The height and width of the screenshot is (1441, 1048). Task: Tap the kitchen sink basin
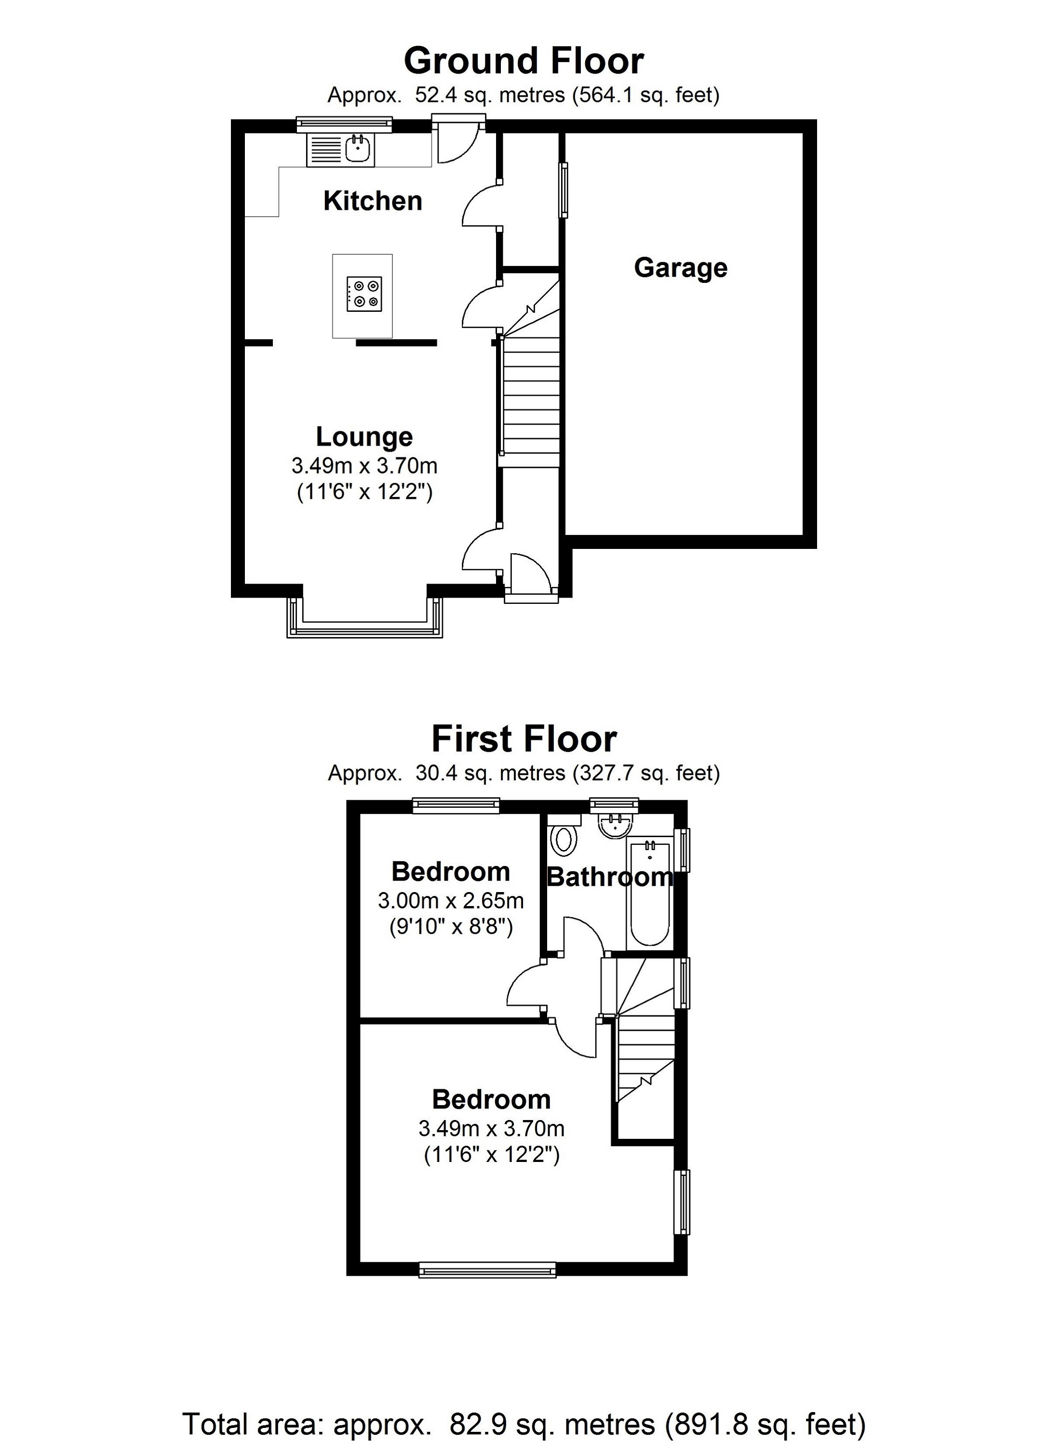click(358, 150)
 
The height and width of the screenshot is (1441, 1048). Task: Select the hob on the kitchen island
click(364, 294)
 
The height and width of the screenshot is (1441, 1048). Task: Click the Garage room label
click(680, 267)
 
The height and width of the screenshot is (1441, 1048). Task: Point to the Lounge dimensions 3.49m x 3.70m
click(364, 467)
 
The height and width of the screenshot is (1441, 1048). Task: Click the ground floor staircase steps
click(531, 400)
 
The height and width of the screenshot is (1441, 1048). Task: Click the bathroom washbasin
click(614, 827)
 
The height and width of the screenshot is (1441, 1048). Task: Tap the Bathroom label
click(609, 878)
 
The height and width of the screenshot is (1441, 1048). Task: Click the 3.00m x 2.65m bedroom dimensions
click(451, 901)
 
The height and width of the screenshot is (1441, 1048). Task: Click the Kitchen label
click(373, 201)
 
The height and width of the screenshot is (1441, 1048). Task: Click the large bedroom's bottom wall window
click(487, 1270)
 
